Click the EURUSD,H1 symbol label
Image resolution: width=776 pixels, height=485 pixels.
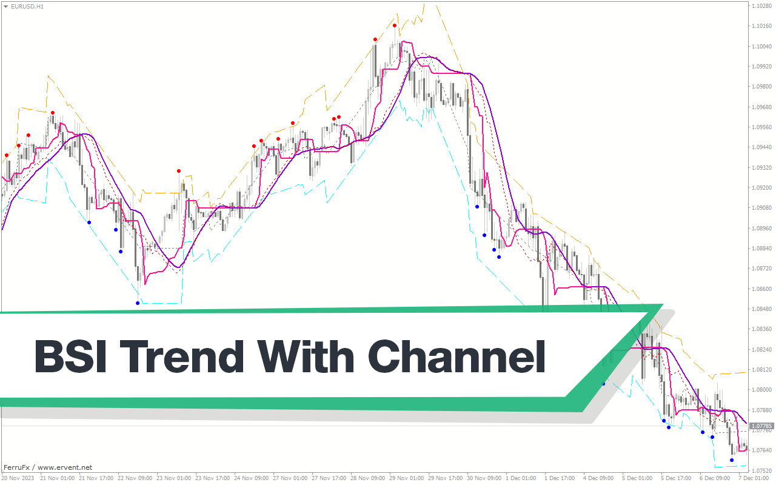tap(27, 7)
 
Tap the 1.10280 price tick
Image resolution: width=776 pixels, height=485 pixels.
tap(761, 5)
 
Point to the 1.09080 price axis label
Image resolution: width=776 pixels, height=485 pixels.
tap(761, 208)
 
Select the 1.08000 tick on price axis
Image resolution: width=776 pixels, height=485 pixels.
tap(761, 390)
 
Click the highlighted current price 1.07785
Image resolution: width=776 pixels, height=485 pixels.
tap(761, 426)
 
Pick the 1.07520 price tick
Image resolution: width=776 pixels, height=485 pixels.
tap(761, 470)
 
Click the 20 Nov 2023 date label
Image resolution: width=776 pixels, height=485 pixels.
tap(18, 478)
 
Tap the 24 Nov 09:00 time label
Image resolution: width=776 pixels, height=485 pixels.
tap(252, 478)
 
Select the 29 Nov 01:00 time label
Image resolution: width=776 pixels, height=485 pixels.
tap(407, 478)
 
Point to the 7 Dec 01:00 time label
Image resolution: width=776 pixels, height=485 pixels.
tap(754, 478)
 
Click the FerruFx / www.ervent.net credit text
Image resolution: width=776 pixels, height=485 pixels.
tap(48, 467)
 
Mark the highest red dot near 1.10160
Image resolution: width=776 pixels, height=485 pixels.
tap(395, 25)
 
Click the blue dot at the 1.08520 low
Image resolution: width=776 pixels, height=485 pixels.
tap(138, 303)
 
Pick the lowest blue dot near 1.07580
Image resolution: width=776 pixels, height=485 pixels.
tap(732, 460)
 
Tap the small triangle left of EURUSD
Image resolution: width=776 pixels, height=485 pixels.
tap(5, 7)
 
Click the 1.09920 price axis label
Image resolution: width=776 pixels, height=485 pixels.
tap(761, 66)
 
